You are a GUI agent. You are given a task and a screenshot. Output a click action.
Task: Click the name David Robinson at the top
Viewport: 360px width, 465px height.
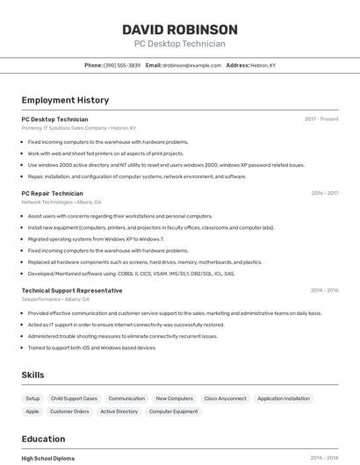tap(180, 30)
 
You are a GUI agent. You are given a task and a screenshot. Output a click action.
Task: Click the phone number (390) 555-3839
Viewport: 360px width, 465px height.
tap(122, 65)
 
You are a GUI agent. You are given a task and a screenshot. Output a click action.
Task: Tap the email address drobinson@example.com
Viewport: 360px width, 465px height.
tap(192, 65)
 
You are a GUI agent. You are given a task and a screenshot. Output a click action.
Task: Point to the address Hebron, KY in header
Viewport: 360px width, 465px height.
tap(263, 65)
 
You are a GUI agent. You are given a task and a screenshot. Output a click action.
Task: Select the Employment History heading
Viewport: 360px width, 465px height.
tap(65, 101)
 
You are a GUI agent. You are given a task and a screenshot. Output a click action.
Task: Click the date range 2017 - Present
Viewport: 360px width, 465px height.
tap(321, 119)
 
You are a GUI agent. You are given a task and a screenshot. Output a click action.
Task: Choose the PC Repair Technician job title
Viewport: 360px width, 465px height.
tap(52, 193)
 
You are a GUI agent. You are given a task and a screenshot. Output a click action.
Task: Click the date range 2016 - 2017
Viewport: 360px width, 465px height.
tap(324, 193)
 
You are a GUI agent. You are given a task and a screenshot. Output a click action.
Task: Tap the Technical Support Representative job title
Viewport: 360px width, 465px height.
tap(72, 290)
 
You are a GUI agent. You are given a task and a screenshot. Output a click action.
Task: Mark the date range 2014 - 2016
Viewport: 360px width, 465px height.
tap(324, 290)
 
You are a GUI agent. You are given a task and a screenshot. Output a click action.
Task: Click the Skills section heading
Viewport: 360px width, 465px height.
tap(32, 375)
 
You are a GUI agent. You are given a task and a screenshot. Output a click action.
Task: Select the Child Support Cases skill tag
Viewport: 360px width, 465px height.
tap(74, 398)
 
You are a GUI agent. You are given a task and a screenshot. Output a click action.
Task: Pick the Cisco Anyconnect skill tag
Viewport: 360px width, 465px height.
tap(225, 398)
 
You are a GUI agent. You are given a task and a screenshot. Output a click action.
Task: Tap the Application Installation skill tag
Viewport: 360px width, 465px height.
tap(284, 398)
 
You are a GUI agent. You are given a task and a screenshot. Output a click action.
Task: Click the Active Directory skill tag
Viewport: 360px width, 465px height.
tap(119, 411)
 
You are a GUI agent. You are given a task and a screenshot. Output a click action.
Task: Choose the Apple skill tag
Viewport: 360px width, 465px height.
tap(32, 411)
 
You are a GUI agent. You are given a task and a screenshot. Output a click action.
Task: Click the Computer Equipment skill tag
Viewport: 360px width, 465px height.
tap(173, 411)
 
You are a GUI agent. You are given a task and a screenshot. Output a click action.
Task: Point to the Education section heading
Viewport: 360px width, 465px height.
tap(43, 440)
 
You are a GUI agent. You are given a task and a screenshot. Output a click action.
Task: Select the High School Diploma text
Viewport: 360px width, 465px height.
tap(47, 458)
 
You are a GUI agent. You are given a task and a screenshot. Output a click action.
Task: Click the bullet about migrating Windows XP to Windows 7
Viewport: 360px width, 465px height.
tap(96, 239)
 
